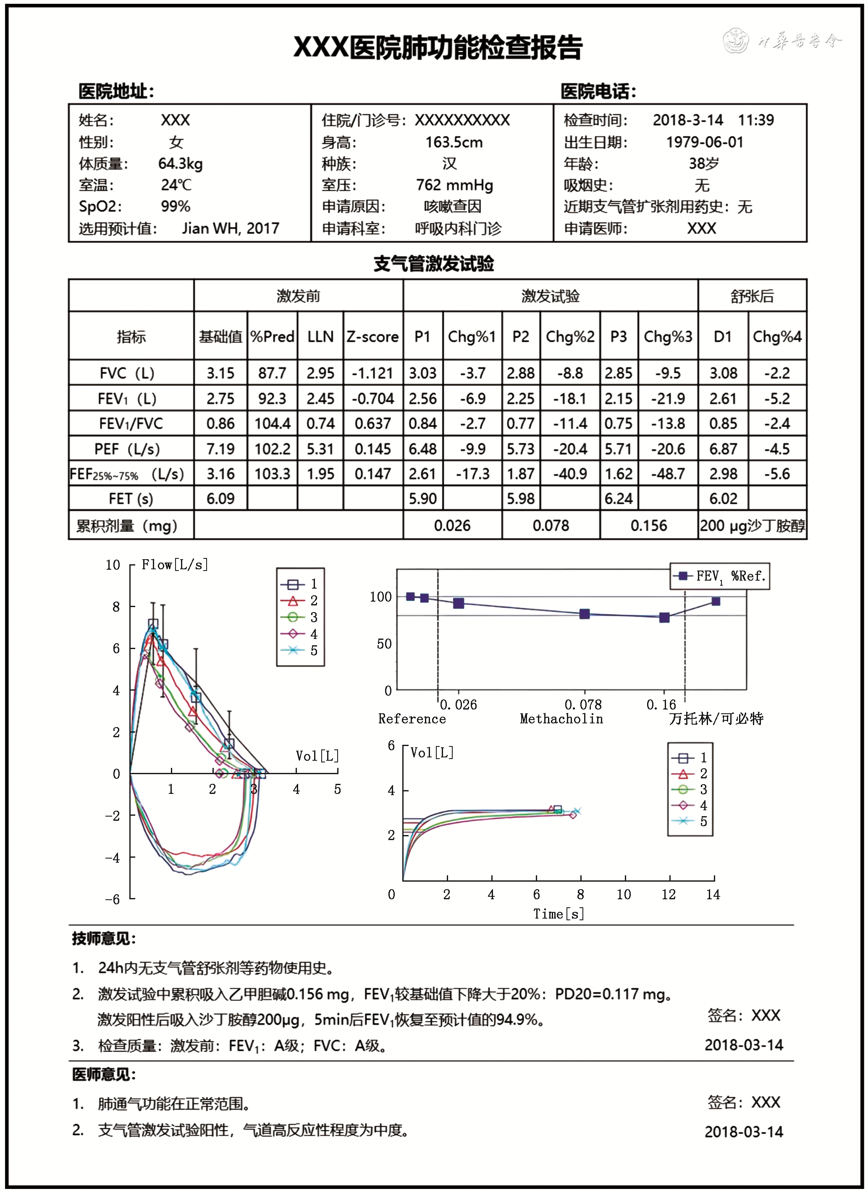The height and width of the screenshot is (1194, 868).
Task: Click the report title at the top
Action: pyautogui.click(x=437, y=47)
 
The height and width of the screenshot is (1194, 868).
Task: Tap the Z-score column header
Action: pyautogui.click(x=372, y=336)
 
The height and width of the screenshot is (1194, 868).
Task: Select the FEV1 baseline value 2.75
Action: pyautogui.click(x=220, y=398)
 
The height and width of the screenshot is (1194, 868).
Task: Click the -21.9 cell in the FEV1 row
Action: pyautogui.click(x=668, y=398)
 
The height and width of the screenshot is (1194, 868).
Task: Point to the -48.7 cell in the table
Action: pyautogui.click(x=668, y=474)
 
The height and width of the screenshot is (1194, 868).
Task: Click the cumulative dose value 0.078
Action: pyautogui.click(x=551, y=525)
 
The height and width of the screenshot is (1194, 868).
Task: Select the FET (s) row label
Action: pyautogui.click(x=131, y=499)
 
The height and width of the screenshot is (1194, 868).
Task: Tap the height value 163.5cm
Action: pyautogui.click(x=454, y=142)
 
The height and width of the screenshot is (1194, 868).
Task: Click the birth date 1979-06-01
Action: pyautogui.click(x=705, y=142)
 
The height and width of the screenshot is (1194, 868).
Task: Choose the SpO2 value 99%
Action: pyautogui.click(x=176, y=207)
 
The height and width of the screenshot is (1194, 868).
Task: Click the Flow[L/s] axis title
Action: pyautogui.click(x=175, y=565)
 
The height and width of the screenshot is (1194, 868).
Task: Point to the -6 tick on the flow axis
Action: pyautogui.click(x=113, y=899)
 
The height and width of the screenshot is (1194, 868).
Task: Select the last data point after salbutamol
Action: pyautogui.click(x=716, y=601)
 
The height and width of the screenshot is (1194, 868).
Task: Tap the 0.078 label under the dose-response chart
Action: pyautogui.click(x=583, y=704)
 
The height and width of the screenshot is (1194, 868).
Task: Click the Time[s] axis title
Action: pyautogui.click(x=559, y=914)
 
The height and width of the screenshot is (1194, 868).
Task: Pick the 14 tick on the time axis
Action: pyautogui.click(x=713, y=894)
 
